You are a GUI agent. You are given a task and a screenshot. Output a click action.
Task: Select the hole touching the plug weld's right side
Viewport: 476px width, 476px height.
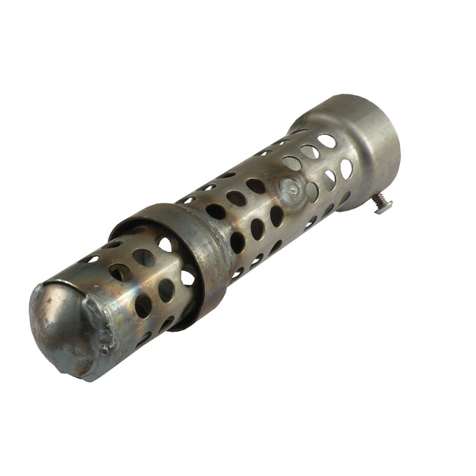310,191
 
